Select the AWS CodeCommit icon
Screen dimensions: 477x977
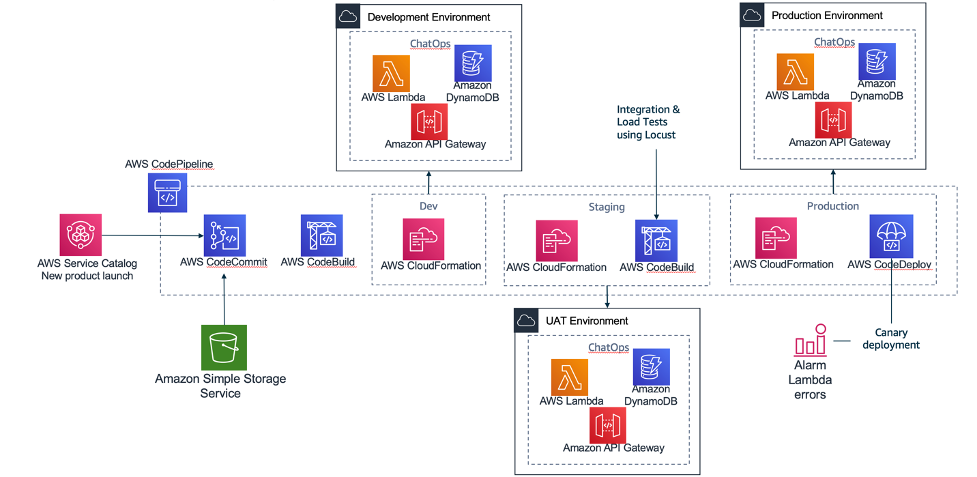(x=225, y=235)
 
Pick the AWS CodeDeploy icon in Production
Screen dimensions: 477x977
(x=890, y=235)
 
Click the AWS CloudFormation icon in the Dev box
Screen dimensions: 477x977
(x=424, y=240)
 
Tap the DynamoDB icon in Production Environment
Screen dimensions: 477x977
(x=877, y=62)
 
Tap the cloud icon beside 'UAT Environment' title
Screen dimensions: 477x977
(x=527, y=320)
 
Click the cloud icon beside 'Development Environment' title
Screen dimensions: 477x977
(x=348, y=16)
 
